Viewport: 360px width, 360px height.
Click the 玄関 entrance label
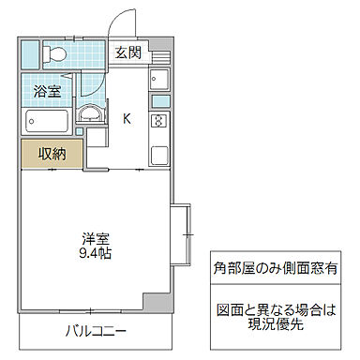click(x=128, y=53)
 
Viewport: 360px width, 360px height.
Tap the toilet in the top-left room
click(x=54, y=53)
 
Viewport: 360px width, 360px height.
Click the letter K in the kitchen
click(x=127, y=118)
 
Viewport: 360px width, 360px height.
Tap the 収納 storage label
click(x=52, y=154)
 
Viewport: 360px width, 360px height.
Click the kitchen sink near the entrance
click(x=159, y=80)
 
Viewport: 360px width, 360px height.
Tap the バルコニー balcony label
click(x=96, y=331)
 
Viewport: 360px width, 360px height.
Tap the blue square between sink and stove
click(x=159, y=101)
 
